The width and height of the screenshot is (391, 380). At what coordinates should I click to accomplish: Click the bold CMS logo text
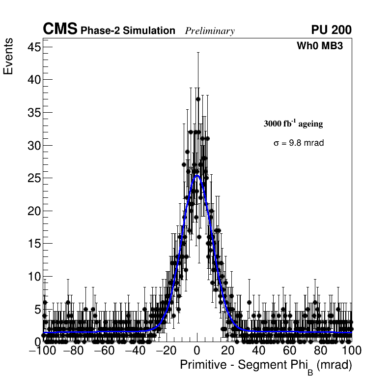click(x=60, y=30)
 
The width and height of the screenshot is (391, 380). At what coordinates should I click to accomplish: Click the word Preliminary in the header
click(x=210, y=31)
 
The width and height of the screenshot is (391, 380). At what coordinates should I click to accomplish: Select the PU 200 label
click(x=331, y=30)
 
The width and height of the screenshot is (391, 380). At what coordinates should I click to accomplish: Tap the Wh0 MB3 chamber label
click(x=319, y=46)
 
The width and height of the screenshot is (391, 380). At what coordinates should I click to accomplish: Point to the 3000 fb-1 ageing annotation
click(x=293, y=124)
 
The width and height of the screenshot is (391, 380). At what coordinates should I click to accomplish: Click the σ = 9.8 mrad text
click(x=299, y=143)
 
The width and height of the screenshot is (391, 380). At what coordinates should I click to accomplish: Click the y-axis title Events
click(x=8, y=58)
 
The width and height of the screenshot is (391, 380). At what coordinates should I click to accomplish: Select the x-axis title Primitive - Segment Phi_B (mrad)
click(x=266, y=366)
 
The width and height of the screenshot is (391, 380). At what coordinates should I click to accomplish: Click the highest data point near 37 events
click(x=198, y=99)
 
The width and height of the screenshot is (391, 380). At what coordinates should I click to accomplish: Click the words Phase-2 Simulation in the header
click(x=128, y=31)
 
